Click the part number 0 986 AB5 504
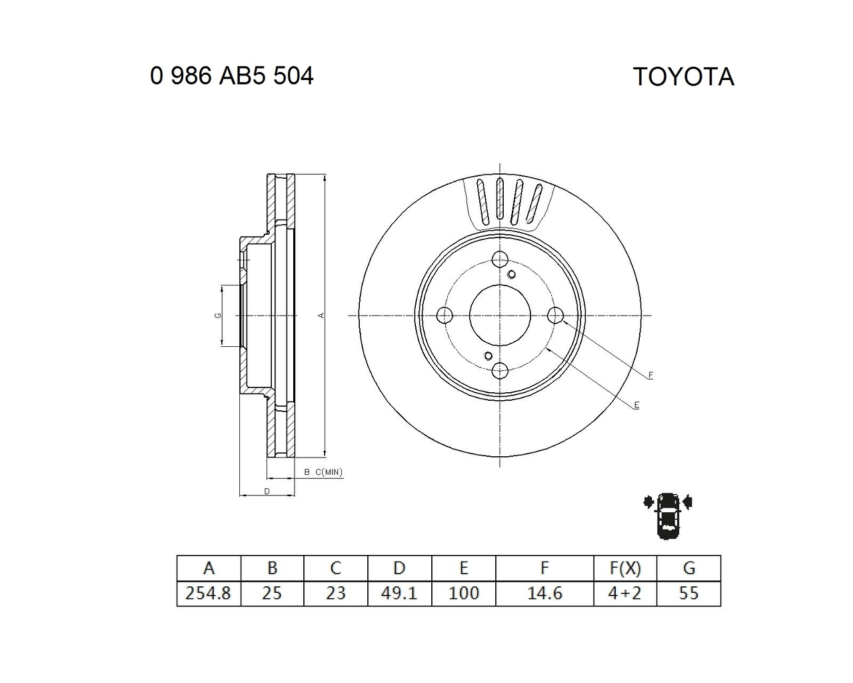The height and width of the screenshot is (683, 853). pos(232,76)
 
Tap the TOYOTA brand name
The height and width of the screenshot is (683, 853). pos(683,77)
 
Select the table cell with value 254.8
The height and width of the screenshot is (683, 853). pos(209,593)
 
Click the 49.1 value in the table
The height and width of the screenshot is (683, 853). pos(399,593)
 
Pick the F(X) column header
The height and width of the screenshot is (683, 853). pos(625,568)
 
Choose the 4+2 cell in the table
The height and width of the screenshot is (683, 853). pos(625,593)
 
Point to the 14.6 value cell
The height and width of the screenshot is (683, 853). pos(544,593)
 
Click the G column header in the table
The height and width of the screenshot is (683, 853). pos(689,568)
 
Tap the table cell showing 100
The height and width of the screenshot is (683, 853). pos(463,593)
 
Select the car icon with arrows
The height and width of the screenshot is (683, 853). pos(668,515)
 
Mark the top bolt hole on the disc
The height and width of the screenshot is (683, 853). pos(500,259)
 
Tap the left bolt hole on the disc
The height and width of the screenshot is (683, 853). pos(444,315)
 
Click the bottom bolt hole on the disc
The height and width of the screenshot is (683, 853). pos(500,370)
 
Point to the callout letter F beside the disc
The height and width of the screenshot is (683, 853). pos(650,376)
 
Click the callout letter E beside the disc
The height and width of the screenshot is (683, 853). pos(636,405)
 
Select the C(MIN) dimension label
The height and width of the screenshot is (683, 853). pos(329,472)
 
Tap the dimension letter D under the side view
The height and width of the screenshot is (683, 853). pos(267,491)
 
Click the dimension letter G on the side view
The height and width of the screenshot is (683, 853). pos(218,315)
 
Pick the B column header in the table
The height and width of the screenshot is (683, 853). pos(272,568)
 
